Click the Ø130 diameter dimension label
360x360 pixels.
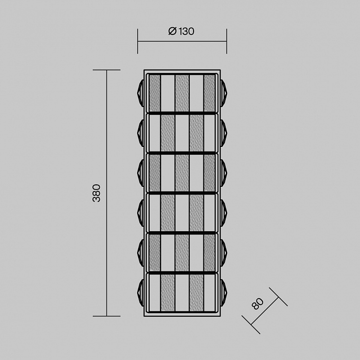point(181,31)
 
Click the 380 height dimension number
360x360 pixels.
point(96,193)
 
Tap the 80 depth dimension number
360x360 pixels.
point(258,303)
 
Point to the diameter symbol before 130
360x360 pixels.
point(172,31)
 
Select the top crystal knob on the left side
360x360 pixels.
point(141,93)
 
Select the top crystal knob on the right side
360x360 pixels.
point(224,93)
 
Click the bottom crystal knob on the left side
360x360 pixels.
point(141,293)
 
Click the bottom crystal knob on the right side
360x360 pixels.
point(224,293)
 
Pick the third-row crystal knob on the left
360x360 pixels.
point(141,173)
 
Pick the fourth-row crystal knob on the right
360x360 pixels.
point(224,213)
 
